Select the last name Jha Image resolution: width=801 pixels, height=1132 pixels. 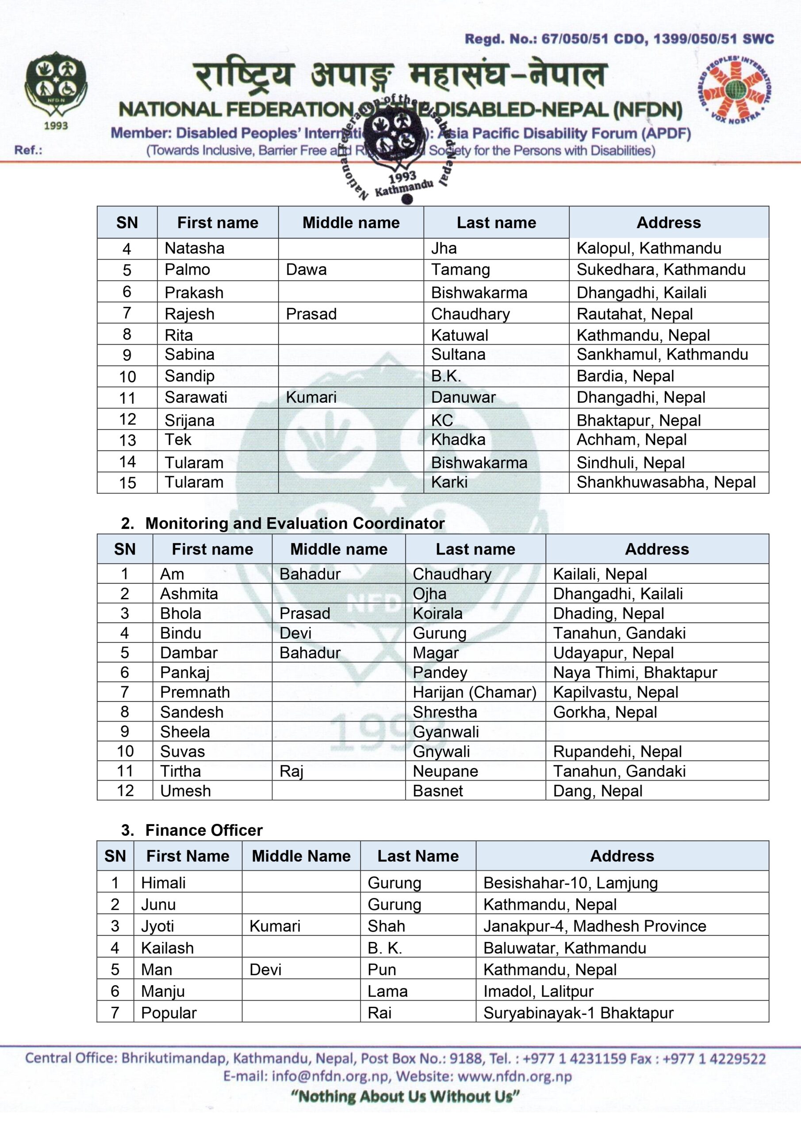pyautogui.click(x=444, y=248)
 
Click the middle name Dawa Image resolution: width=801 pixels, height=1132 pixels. pyautogui.click(x=307, y=270)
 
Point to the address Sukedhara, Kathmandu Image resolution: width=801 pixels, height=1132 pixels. pyautogui.click(x=661, y=270)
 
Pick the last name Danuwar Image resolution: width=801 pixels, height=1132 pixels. pyautogui.click(x=463, y=398)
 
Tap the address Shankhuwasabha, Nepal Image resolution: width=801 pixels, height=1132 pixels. pyautogui.click(x=666, y=482)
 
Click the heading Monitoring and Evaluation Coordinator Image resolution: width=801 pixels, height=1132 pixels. pyautogui.click(x=295, y=523)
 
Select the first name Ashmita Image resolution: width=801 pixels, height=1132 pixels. pyautogui.click(x=189, y=593)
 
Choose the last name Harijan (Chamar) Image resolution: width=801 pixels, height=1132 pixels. pyautogui.click(x=475, y=692)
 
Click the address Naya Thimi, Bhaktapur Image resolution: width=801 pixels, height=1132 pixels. pyautogui.click(x=635, y=673)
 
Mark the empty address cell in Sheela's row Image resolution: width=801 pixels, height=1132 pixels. pyautogui.click(x=656, y=732)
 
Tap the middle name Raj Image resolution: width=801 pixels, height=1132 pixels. pyautogui.click(x=291, y=771)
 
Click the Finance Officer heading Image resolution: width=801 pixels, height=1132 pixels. pyautogui.click(x=204, y=830)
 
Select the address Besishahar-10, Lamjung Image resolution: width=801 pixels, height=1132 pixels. pyautogui.click(x=570, y=883)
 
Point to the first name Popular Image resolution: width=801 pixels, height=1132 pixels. pyautogui.click(x=169, y=1013)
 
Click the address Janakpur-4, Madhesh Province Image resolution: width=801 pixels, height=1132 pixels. pyautogui.click(x=594, y=926)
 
